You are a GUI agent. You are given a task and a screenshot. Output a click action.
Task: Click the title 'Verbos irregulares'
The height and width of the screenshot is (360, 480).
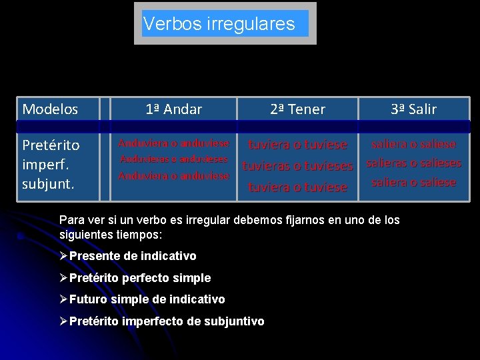pyautogui.click(x=219, y=25)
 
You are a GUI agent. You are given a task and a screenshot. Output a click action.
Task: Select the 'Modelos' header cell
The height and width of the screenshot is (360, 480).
pyautogui.click(x=50, y=109)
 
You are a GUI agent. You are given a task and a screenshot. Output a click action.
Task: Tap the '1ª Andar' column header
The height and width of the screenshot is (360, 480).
pyautogui.click(x=173, y=109)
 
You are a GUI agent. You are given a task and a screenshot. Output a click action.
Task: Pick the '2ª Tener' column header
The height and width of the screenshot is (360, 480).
pyautogui.click(x=297, y=109)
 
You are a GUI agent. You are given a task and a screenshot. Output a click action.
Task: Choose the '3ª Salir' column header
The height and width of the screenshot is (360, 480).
pyautogui.click(x=413, y=109)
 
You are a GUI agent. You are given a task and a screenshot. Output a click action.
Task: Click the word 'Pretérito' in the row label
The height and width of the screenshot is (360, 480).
pyautogui.click(x=51, y=145)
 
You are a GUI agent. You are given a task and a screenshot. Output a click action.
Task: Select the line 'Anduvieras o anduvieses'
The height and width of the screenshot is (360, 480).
pyautogui.click(x=173, y=159)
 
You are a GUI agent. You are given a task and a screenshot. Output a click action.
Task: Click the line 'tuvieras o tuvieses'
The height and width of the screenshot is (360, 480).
pyautogui.click(x=297, y=166)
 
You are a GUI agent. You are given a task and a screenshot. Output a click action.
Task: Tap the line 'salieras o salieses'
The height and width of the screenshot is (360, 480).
pyautogui.click(x=413, y=163)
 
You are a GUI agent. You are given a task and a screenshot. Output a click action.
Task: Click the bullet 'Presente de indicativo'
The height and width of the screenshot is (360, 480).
pyautogui.click(x=133, y=256)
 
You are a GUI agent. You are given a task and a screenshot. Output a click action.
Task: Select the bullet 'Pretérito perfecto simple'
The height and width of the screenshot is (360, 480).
pyautogui.click(x=140, y=278)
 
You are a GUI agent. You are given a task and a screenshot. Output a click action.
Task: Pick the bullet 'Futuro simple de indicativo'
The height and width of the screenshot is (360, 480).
pyautogui.click(x=147, y=299)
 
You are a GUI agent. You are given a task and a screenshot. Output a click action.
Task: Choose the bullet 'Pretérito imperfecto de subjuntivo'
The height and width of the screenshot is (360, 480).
pyautogui.click(x=167, y=321)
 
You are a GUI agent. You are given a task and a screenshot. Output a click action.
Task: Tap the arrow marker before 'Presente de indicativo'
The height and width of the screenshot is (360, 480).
pyautogui.click(x=63, y=256)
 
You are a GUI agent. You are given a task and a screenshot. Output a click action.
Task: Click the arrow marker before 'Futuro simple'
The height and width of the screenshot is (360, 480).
pyautogui.click(x=63, y=299)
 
